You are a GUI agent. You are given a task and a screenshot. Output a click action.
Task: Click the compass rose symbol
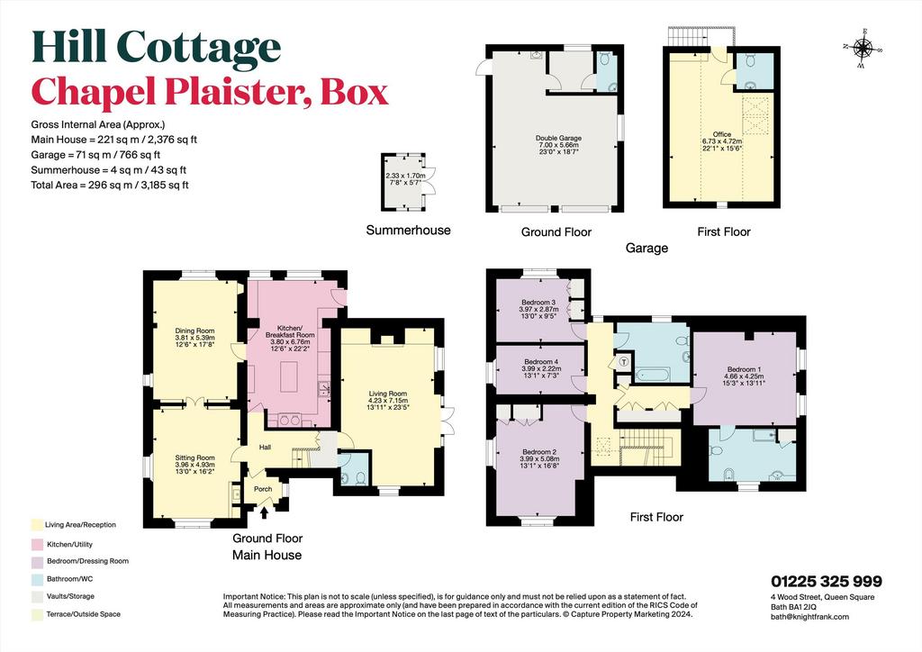pyautogui.click(x=863, y=49)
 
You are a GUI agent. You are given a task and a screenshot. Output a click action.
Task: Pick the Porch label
pyautogui.click(x=263, y=489)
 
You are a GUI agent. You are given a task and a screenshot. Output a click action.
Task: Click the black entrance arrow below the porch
pyautogui.click(x=264, y=512)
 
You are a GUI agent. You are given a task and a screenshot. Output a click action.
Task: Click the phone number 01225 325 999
pyautogui.click(x=827, y=581)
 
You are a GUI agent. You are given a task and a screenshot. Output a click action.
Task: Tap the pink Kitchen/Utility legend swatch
pyautogui.click(x=37, y=545)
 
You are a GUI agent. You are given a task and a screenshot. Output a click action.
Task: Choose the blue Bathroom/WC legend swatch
pyautogui.click(x=37, y=579)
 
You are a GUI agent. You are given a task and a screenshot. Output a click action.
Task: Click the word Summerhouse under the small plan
pyautogui.click(x=408, y=230)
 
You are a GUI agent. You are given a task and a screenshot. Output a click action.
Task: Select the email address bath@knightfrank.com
pyautogui.click(x=809, y=617)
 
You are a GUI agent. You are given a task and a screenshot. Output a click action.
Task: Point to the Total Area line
pyautogui.click(x=110, y=186)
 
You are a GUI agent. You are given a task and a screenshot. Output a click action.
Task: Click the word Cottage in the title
pyautogui.click(x=199, y=49)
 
